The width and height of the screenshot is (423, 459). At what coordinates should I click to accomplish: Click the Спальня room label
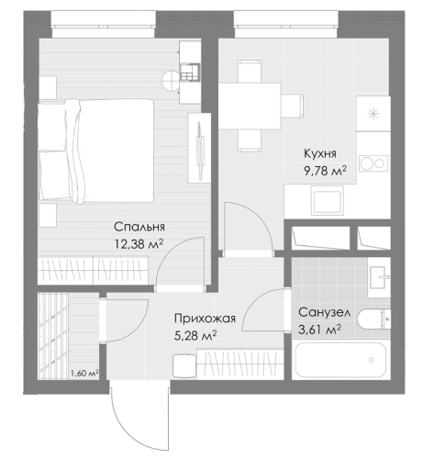[139, 228]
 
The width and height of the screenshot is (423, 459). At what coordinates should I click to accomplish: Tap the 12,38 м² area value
[139, 244]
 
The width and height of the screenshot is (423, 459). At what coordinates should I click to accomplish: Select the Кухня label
[320, 153]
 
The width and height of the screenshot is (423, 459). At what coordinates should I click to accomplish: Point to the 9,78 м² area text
[325, 171]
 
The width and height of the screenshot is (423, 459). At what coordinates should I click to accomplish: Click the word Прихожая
[205, 319]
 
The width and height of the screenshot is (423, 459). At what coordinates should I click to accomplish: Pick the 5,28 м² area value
[195, 336]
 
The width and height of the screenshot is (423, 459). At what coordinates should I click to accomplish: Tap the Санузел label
[325, 313]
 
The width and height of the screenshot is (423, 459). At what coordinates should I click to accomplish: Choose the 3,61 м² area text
[320, 330]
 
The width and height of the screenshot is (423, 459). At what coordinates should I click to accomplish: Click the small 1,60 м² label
[84, 374]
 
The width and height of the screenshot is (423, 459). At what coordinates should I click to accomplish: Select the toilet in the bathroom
[373, 319]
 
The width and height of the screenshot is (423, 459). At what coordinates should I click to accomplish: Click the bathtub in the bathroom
[340, 360]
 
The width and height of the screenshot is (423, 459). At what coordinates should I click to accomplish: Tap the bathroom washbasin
[379, 277]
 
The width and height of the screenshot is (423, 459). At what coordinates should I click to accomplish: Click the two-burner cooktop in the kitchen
[373, 163]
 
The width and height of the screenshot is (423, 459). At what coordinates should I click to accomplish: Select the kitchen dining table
[250, 106]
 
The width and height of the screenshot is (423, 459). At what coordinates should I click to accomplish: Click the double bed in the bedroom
[95, 151]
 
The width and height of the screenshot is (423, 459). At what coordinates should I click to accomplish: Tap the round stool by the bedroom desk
[171, 81]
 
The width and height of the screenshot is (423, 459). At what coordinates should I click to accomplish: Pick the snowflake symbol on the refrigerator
[373, 115]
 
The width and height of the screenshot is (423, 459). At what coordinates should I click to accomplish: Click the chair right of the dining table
[293, 106]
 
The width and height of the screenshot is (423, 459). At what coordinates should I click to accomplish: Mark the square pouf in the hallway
[184, 366]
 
